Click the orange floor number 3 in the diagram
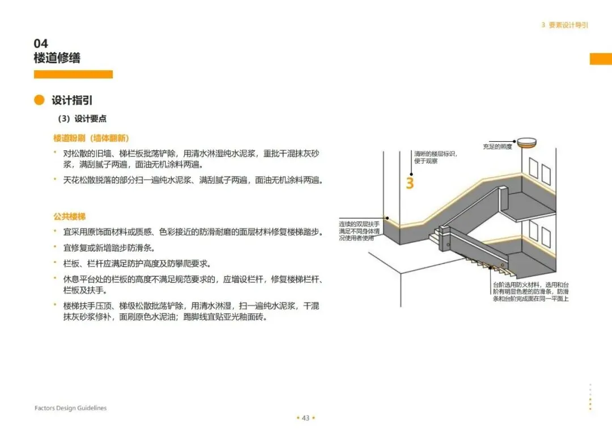[x=410, y=183]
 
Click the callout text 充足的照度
[x=497, y=147]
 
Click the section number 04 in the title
[x=41, y=44]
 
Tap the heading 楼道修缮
[x=57, y=58]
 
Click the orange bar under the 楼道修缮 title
[x=73, y=74]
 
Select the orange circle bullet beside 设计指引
[x=39, y=100]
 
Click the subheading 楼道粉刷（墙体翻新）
[x=91, y=138]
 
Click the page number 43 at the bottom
[x=305, y=418]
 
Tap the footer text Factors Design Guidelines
[x=70, y=408]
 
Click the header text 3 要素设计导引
[x=564, y=26]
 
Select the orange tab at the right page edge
[x=601, y=59]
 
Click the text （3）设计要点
[x=82, y=119]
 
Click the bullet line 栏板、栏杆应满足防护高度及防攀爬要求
[x=136, y=264]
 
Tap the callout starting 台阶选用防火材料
[x=531, y=291]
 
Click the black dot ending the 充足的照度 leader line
[x=515, y=141]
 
